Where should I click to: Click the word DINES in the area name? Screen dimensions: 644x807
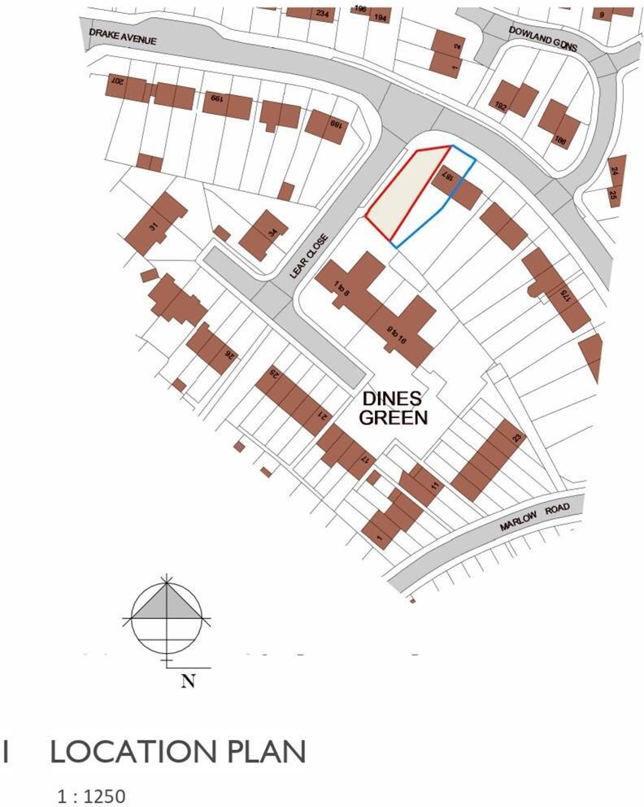[x=394, y=399]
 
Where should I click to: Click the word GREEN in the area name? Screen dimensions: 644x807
[x=394, y=418]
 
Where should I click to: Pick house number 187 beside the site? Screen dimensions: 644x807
[x=446, y=176]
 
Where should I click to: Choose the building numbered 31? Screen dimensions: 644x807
[x=153, y=226]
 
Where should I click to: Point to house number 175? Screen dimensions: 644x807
[x=561, y=296]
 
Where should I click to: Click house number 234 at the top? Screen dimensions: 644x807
[x=322, y=14]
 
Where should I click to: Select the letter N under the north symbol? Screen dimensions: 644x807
[x=188, y=682]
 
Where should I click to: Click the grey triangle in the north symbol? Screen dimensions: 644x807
[x=168, y=604]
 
